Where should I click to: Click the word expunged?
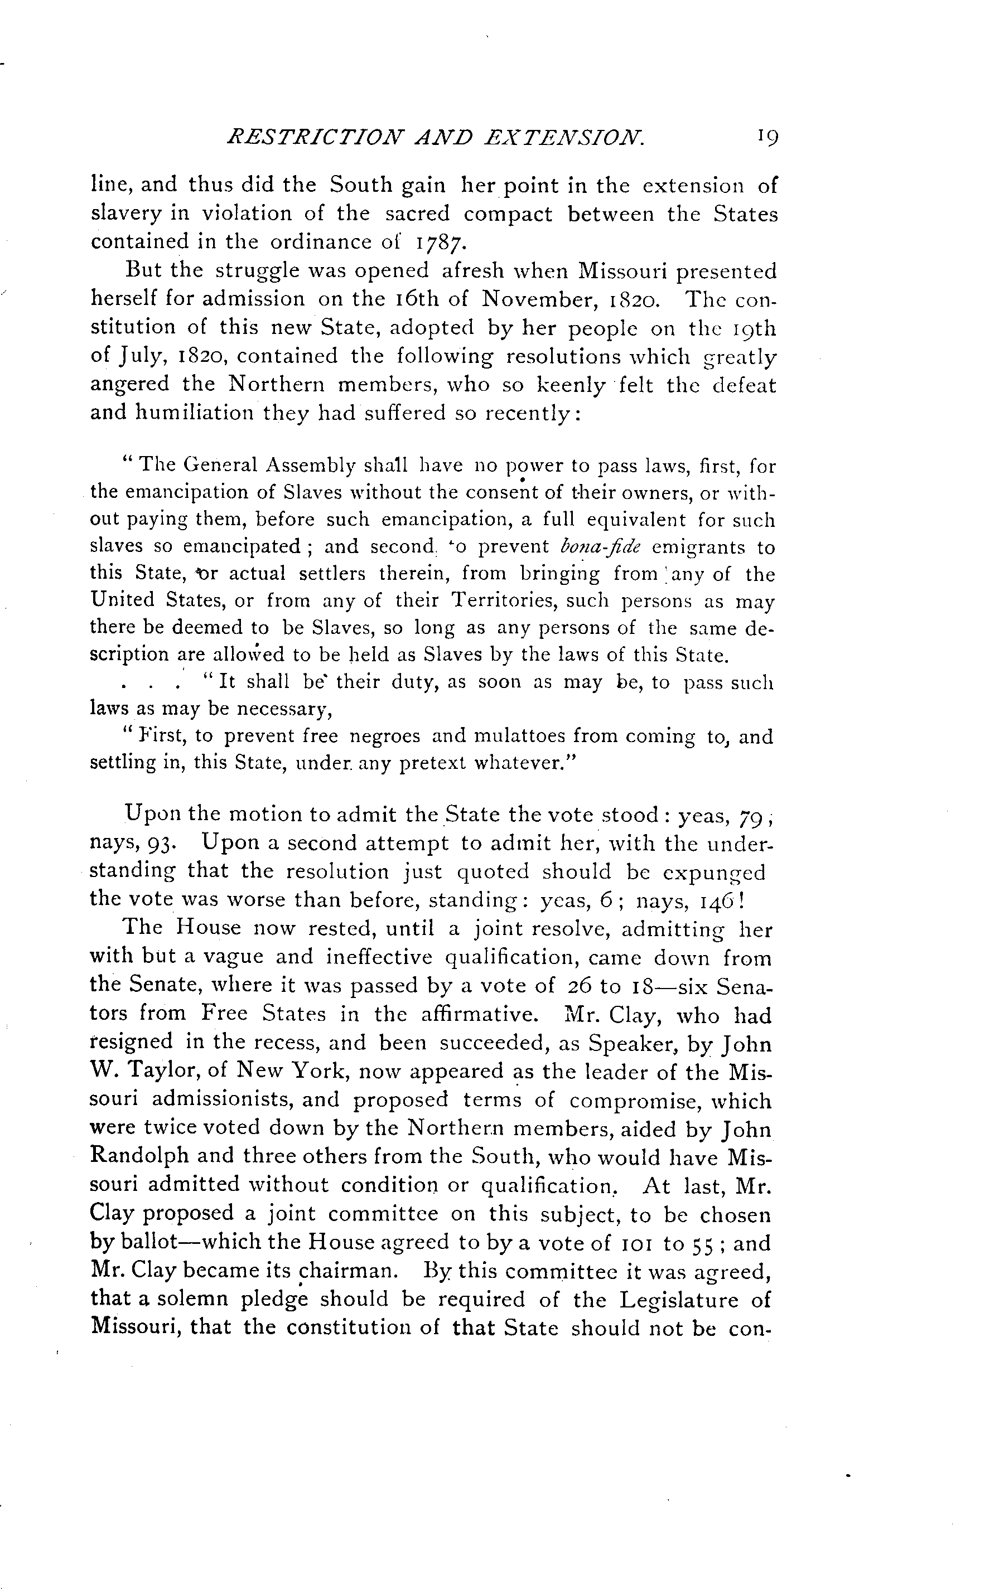tap(720, 873)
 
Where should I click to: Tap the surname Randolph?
tap(139, 1155)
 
